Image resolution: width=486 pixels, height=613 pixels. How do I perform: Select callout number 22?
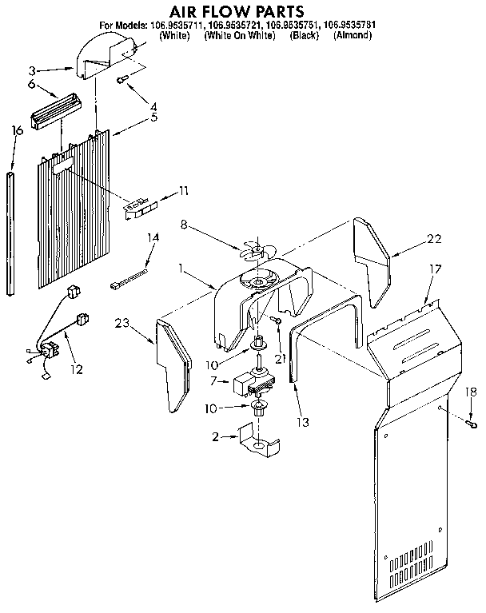coord(434,239)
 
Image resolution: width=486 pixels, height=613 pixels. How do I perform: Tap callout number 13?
coord(302,421)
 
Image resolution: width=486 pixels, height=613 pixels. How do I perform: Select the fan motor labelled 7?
coord(254,385)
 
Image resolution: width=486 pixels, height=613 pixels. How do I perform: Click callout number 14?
coord(153,237)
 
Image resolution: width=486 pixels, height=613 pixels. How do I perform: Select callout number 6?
coord(32,84)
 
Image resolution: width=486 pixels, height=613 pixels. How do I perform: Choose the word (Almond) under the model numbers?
coord(353,36)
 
